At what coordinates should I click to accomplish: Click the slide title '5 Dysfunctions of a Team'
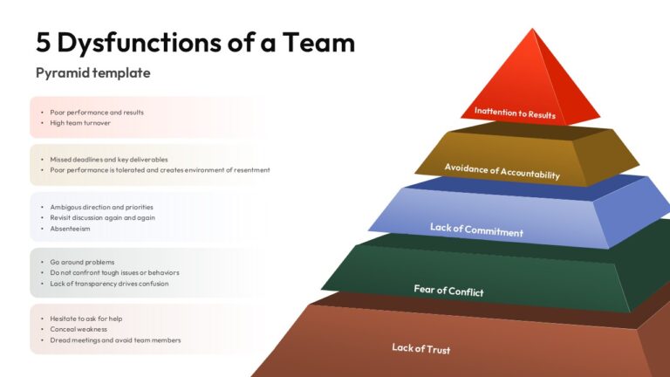[195, 43]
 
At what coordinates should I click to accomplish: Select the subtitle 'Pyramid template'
[93, 73]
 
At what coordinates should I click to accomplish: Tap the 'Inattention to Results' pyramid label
[515, 113]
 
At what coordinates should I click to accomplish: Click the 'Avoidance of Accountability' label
[502, 171]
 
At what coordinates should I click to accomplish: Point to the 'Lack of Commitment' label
[476, 230]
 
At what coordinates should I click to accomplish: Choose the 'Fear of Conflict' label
[448, 291]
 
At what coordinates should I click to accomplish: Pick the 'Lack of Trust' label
[420, 348]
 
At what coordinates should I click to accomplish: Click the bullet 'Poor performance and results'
[97, 113]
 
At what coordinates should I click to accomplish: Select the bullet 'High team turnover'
[80, 123]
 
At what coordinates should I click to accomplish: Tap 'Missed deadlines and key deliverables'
[109, 160]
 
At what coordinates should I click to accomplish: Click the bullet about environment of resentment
[160, 170]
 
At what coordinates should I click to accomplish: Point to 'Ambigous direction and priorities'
[102, 208]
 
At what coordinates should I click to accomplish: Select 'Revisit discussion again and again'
[103, 217]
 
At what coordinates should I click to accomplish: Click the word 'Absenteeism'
[70, 229]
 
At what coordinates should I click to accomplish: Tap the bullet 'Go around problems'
[82, 262]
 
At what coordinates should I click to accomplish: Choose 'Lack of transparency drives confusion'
[109, 284]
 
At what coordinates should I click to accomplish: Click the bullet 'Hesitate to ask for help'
[85, 319]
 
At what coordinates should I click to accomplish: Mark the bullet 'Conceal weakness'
[79, 330]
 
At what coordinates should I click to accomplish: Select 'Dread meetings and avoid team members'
[115, 340]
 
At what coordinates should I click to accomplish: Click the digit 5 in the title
[43, 43]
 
